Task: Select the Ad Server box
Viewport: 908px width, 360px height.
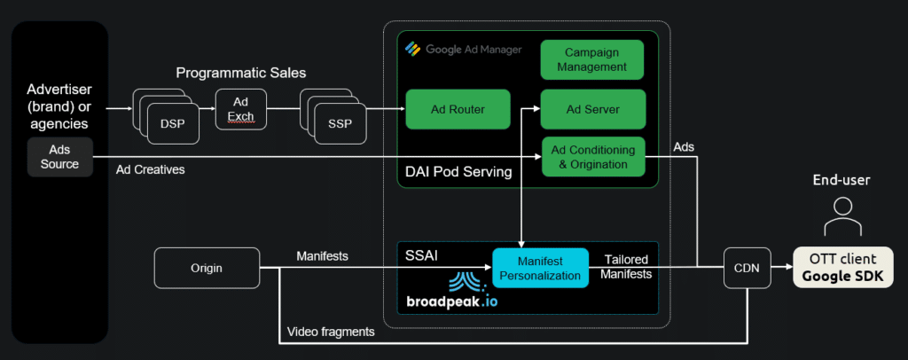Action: tap(592, 109)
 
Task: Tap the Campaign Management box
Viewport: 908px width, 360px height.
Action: tap(592, 59)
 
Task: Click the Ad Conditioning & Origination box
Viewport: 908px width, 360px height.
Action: tap(592, 157)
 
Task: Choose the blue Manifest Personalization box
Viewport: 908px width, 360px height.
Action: tap(541, 267)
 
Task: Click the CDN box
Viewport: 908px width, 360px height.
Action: tap(747, 266)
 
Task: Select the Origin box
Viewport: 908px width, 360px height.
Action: tap(206, 267)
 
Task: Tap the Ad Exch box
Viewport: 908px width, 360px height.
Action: tap(240, 110)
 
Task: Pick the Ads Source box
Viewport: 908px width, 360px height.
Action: tap(60, 157)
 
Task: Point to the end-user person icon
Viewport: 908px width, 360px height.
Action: tap(843, 215)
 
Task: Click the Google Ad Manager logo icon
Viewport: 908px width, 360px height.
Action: tap(411, 49)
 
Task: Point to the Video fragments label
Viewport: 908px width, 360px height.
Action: tap(330, 332)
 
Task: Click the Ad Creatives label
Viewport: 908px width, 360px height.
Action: tap(151, 169)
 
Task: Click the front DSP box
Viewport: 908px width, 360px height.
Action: tap(173, 124)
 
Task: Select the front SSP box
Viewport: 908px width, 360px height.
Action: tap(340, 124)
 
